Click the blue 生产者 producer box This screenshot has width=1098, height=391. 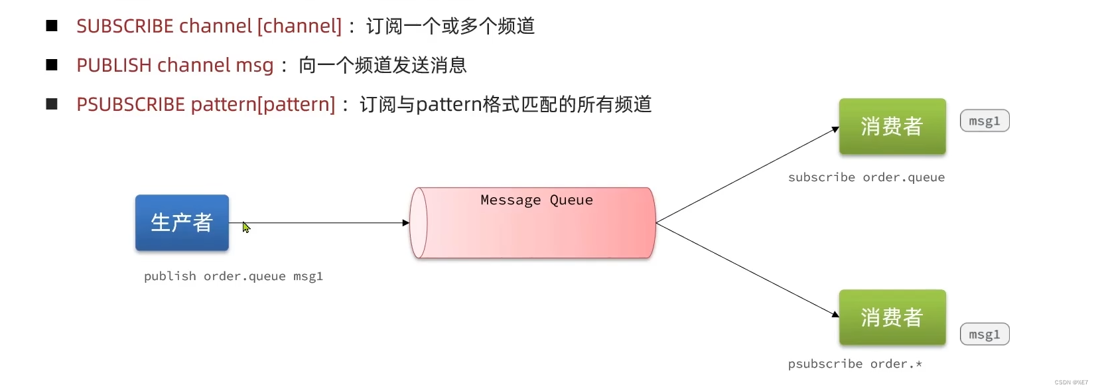coord(182,222)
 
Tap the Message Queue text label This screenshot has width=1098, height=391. coord(536,200)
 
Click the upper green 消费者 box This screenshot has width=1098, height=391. coord(892,126)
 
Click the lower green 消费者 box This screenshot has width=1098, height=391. coord(892,317)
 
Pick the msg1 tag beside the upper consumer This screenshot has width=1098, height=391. coord(984,121)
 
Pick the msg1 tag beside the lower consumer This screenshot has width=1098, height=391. coord(984,335)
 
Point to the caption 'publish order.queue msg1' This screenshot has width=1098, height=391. coord(233,276)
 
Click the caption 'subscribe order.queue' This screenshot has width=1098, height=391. coord(866,177)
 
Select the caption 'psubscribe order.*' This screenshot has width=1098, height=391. coord(855,364)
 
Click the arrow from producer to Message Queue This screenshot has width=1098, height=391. coord(318,223)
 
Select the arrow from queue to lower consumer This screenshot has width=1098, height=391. coord(746,270)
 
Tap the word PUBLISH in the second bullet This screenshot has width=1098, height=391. coord(114,65)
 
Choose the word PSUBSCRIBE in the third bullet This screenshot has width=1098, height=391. coord(131,104)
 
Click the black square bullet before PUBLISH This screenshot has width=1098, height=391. coord(52,65)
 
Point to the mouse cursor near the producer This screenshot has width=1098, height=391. coord(245,227)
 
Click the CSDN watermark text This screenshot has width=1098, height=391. coord(1071,382)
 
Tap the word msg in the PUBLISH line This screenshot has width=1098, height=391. coord(255,65)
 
